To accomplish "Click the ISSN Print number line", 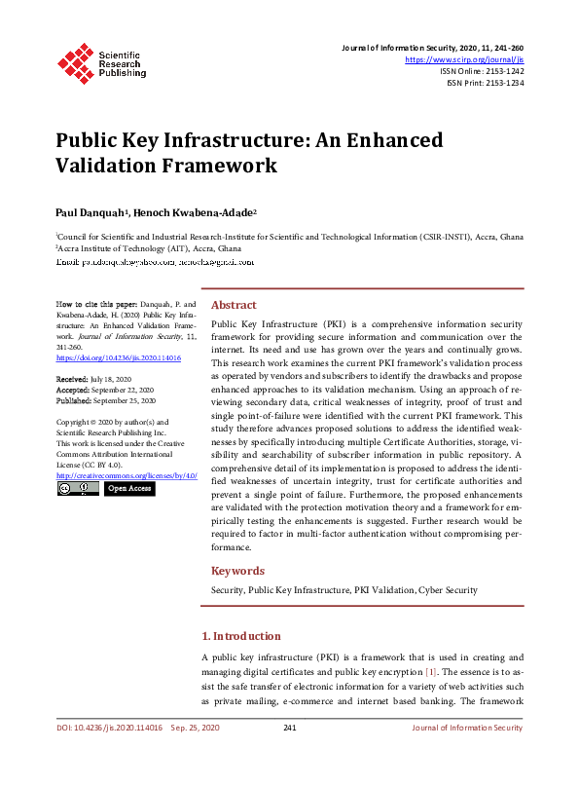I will [485, 83].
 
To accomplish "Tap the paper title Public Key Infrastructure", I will [248, 153].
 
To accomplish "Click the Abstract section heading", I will [234, 305].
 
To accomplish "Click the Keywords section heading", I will [237, 571].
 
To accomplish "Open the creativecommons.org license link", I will [127, 475].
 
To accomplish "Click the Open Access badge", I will [129, 488].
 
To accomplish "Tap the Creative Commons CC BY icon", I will [78, 488].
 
